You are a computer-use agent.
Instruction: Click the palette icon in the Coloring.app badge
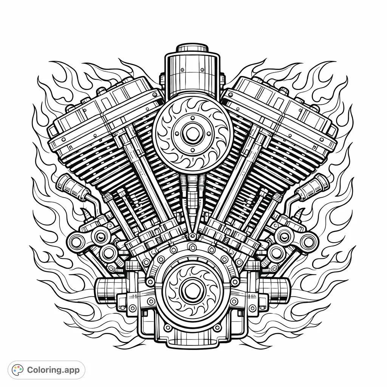(17, 370)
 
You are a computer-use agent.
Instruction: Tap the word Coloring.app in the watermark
(53, 370)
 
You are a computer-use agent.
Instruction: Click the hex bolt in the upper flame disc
(188, 132)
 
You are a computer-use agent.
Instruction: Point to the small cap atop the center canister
(192, 48)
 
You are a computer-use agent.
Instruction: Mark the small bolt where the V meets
(193, 236)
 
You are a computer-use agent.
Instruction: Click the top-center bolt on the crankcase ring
(193, 248)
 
